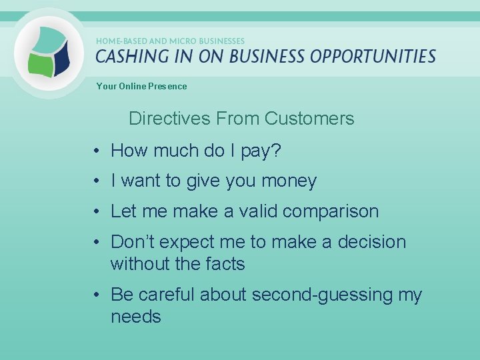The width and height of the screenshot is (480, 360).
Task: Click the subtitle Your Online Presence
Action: [141, 86]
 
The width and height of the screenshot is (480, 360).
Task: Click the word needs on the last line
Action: [136, 317]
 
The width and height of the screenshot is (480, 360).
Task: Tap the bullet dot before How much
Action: [97, 152]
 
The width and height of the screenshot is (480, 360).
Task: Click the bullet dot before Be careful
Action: [97, 295]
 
